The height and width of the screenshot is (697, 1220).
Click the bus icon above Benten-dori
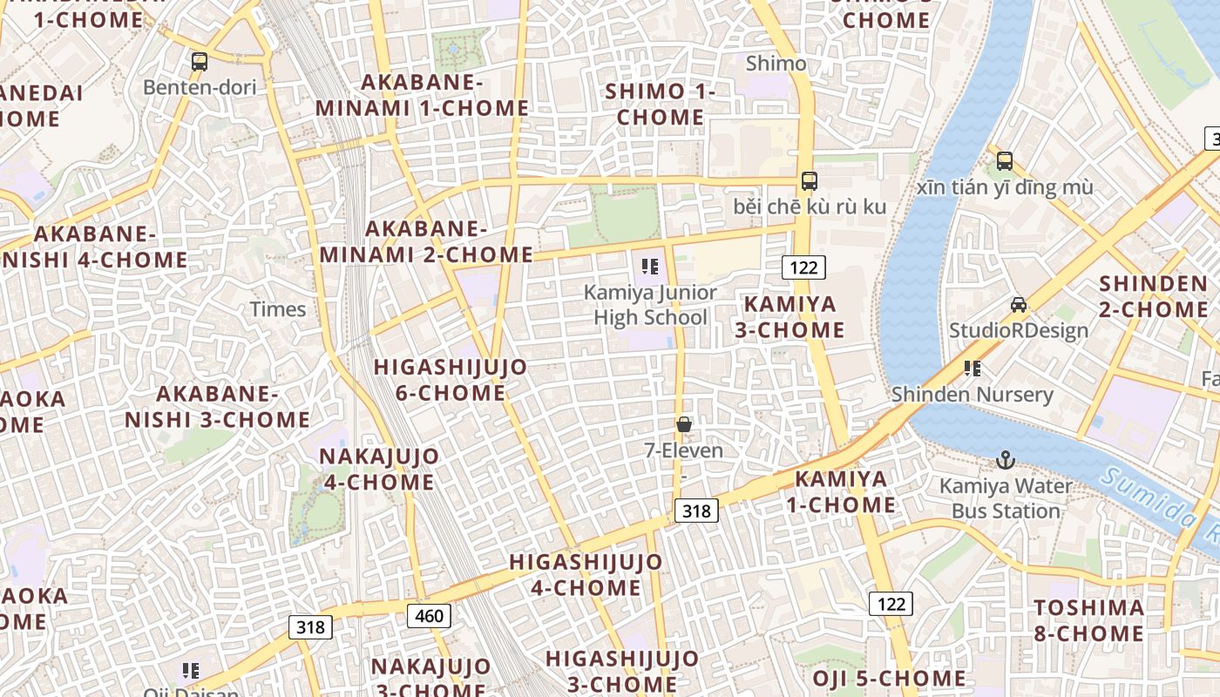(x=200, y=62)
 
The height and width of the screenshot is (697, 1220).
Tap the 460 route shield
(x=429, y=616)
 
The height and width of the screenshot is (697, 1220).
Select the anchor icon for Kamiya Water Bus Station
(x=1006, y=459)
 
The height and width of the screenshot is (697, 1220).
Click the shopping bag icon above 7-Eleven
(x=684, y=424)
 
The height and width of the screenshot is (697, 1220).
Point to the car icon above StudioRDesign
(x=1018, y=305)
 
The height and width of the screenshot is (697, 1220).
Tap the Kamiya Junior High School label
(x=650, y=305)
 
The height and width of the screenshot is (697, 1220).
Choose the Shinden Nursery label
(x=972, y=395)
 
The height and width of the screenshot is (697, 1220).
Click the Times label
(x=278, y=309)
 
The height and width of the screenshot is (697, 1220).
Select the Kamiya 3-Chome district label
(x=793, y=317)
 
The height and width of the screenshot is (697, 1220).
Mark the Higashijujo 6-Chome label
(x=451, y=380)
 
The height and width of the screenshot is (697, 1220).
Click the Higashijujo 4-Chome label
(x=586, y=574)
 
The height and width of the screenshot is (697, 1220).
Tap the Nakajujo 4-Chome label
(x=378, y=469)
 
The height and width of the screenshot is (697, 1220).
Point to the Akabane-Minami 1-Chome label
(x=422, y=96)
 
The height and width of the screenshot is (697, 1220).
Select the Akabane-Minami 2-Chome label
(x=426, y=242)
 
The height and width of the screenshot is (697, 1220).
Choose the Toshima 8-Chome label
(x=1088, y=620)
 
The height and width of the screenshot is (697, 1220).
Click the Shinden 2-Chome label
(x=1153, y=296)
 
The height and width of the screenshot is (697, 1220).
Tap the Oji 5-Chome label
(x=889, y=679)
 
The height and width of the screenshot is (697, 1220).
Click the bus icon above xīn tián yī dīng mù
(x=1005, y=161)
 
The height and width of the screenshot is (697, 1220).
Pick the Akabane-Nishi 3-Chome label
(x=217, y=407)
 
